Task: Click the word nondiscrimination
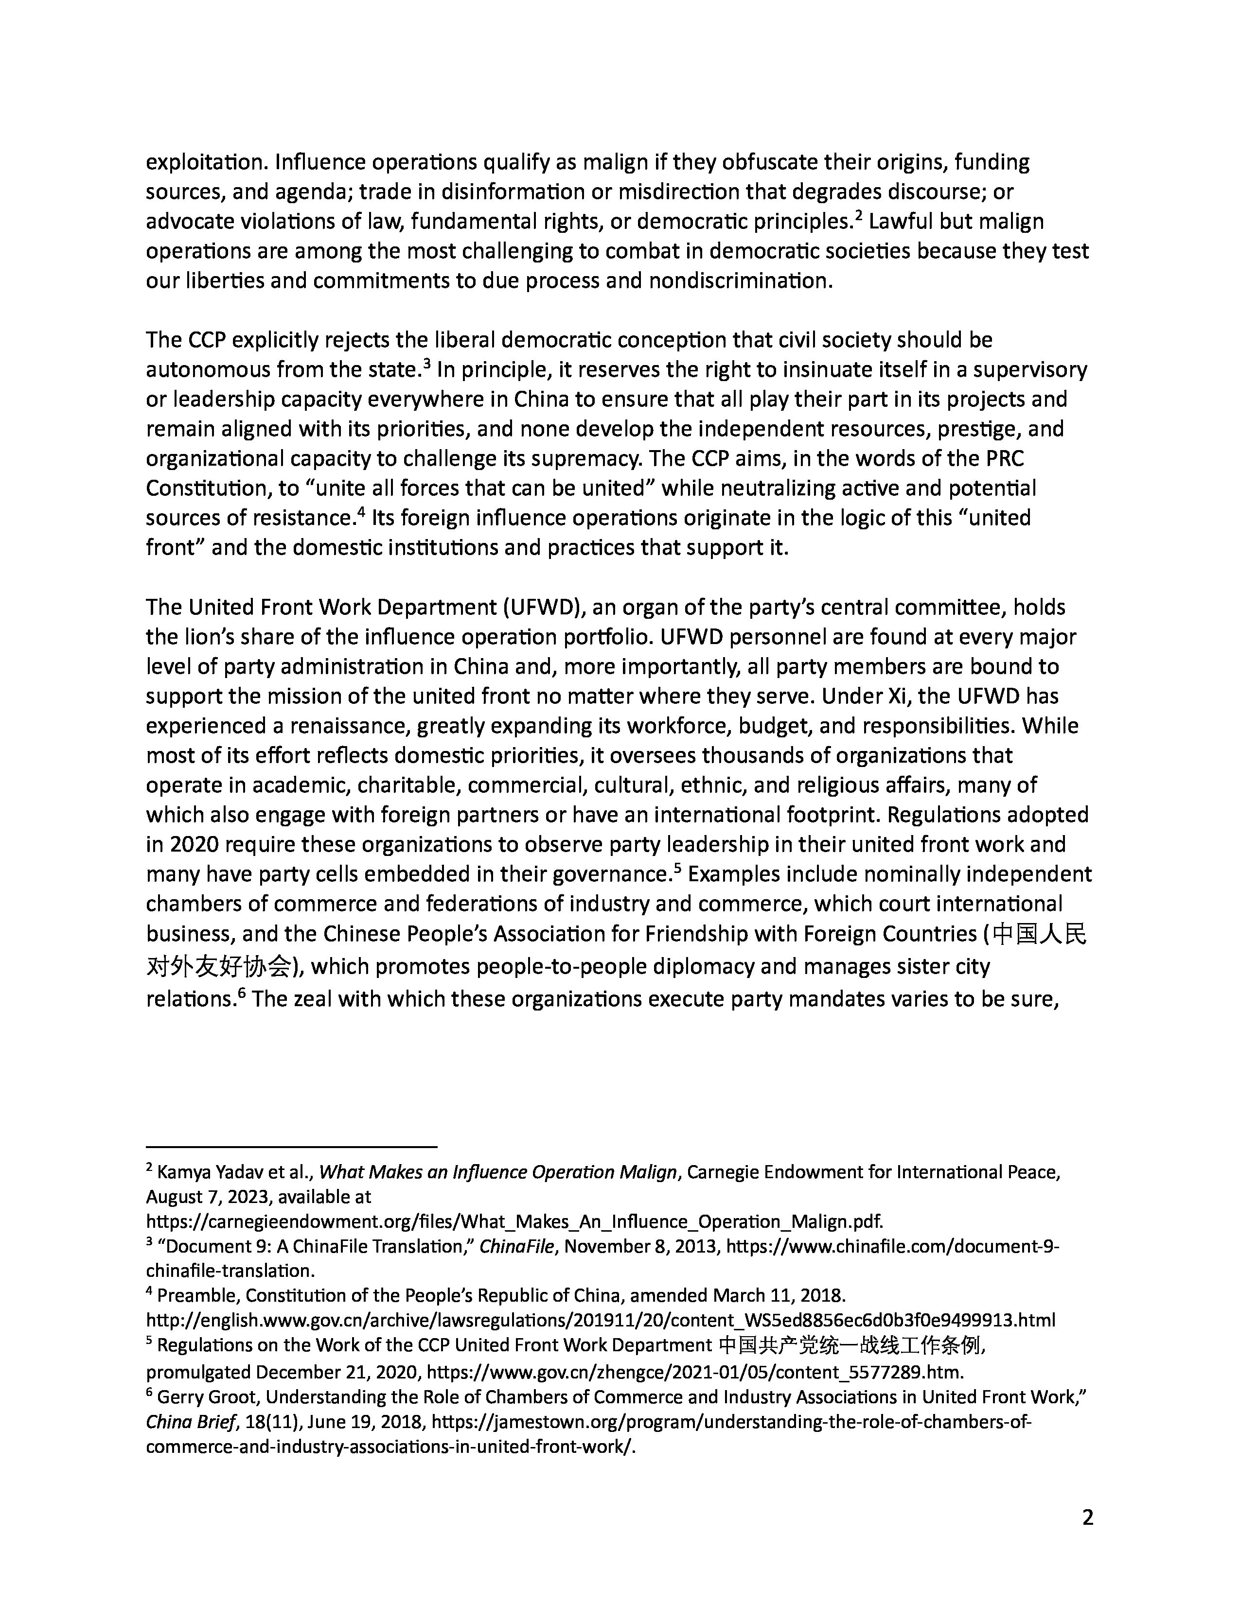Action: click(741, 280)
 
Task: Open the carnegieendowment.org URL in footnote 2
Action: click(514, 1221)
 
